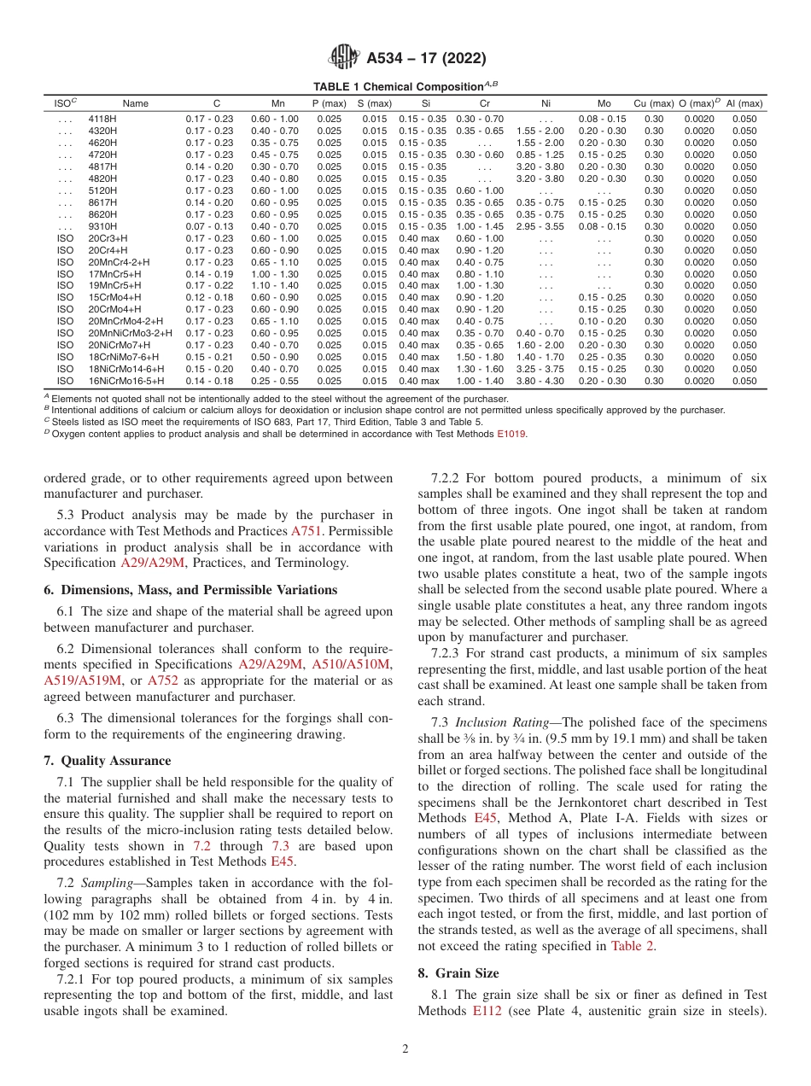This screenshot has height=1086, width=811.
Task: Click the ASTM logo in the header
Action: pyautogui.click(x=344, y=58)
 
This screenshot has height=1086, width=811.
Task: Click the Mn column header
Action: pyautogui.click(x=277, y=103)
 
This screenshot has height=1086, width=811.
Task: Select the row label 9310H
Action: pyautogui.click(x=102, y=226)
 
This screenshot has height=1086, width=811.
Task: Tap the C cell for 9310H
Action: pyautogui.click(x=209, y=226)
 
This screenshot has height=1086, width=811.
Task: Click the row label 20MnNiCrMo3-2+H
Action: pyautogui.click(x=130, y=333)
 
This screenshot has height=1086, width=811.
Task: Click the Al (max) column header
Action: pyautogui.click(x=744, y=103)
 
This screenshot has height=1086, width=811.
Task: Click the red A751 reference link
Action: pyautogui.click(x=306, y=530)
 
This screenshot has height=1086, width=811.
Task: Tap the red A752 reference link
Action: pyautogui.click(x=163, y=680)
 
